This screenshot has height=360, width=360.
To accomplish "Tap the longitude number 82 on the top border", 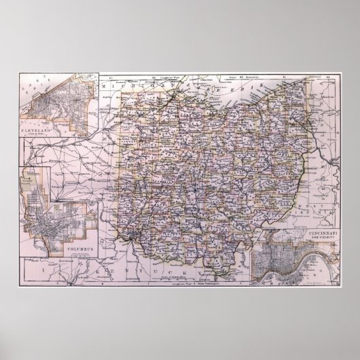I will click(x=249, y=79).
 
